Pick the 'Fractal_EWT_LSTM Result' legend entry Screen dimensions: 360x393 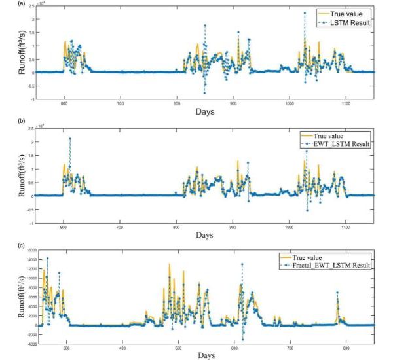coord(336,265)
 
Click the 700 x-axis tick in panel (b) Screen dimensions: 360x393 coord(120,227)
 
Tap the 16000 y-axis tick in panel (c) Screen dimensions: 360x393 coord(29,250)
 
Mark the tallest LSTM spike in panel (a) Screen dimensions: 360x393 coord(305,12)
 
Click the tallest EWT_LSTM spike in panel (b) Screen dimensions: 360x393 coord(70,139)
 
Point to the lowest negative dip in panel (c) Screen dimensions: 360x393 coord(242,339)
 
